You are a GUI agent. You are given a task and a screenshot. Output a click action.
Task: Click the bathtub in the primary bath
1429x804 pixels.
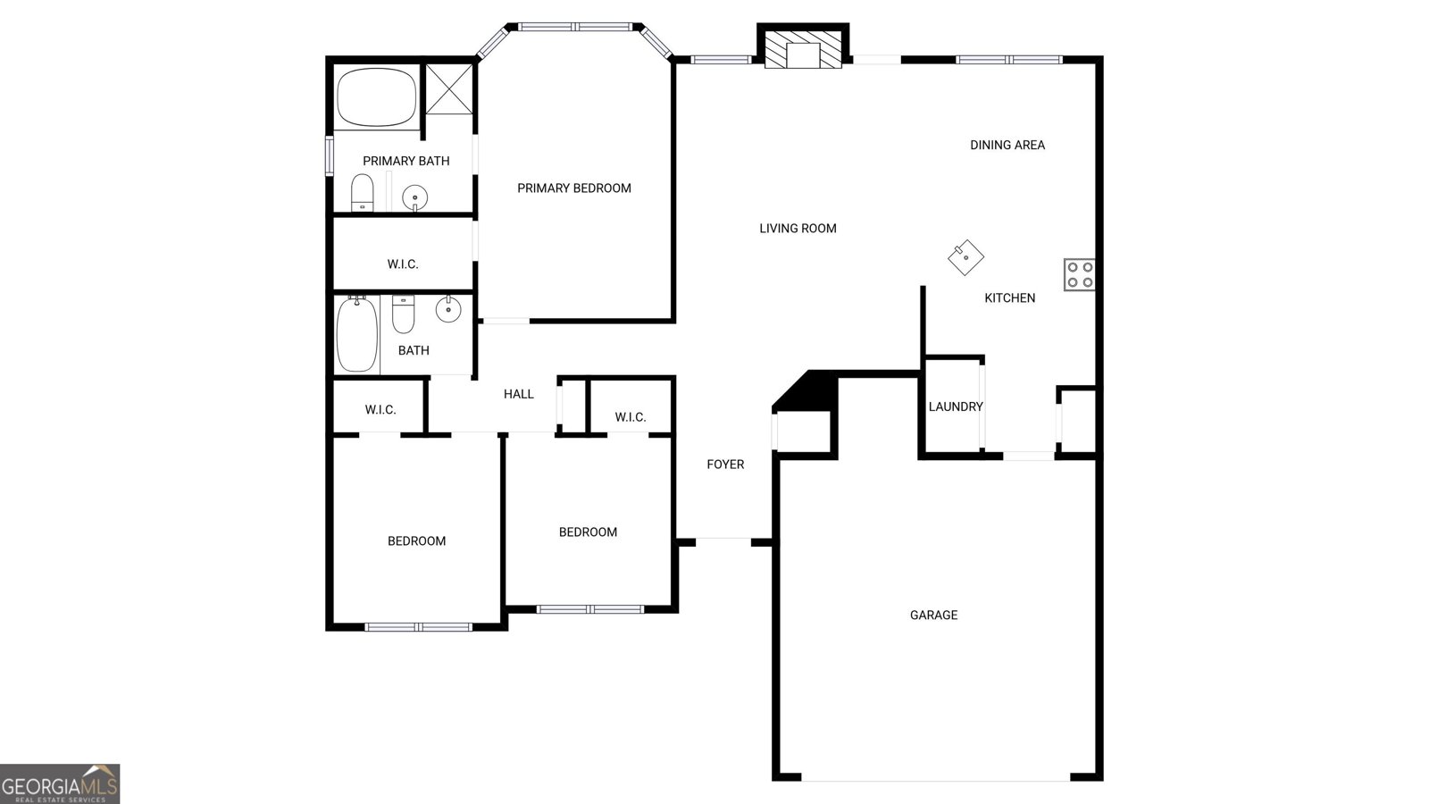tap(376, 96)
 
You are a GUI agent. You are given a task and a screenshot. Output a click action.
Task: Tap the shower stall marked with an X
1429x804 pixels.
tap(448, 88)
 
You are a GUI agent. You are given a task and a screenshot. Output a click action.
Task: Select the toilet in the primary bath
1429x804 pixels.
tap(362, 192)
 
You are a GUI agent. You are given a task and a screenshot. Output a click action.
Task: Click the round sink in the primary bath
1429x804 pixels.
tap(414, 197)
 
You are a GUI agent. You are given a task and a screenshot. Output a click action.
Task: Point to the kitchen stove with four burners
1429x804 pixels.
tap(1079, 274)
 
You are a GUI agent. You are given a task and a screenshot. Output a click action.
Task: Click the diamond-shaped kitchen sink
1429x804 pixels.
tap(965, 257)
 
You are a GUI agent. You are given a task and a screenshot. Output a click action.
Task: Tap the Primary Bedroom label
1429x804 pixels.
tap(574, 188)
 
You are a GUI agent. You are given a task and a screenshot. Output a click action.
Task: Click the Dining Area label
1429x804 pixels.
tap(1007, 145)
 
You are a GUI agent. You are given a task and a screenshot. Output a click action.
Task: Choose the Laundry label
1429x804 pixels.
tap(955, 406)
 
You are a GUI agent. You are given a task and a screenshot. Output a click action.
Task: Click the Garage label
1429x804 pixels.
tap(933, 615)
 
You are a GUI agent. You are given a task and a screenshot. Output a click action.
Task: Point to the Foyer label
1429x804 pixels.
tap(725, 464)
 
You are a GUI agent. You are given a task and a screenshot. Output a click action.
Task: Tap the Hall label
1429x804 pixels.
tap(518, 394)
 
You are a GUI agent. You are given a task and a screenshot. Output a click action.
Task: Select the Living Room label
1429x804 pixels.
tap(798, 228)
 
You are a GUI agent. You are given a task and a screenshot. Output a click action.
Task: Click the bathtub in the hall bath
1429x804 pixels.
tap(357, 334)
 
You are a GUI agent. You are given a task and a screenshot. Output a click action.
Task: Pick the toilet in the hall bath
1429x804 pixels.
tap(404, 314)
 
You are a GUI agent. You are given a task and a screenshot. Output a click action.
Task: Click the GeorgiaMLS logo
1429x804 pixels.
tap(60, 783)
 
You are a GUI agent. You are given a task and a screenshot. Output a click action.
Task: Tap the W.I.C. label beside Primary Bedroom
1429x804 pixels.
tap(403, 264)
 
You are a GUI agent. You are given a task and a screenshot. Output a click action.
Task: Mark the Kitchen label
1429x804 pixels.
tap(1009, 297)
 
